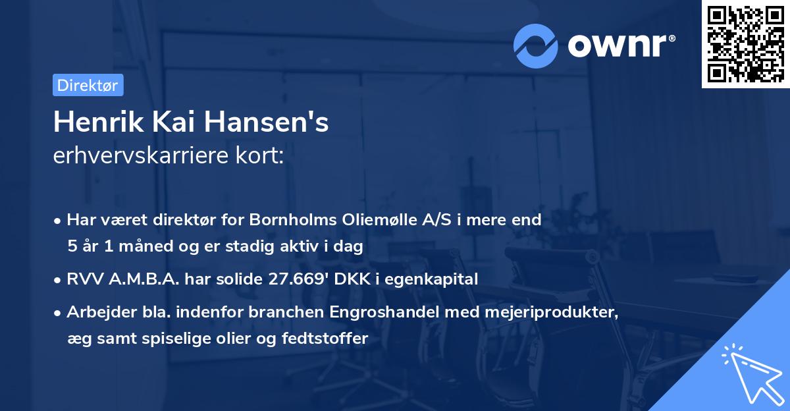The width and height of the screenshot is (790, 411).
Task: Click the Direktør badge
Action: click(x=88, y=85)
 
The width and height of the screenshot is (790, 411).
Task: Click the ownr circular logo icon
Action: click(x=537, y=45)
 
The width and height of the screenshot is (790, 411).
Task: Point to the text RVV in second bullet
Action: click(x=83, y=279)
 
